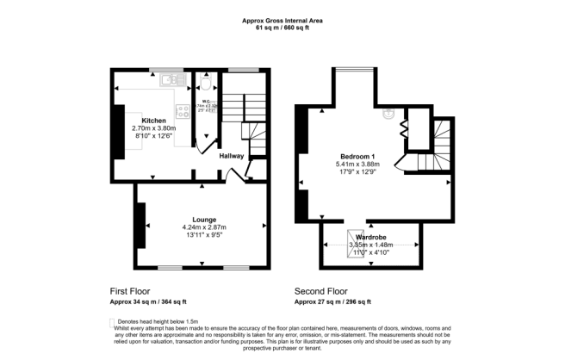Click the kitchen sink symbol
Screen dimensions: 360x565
click(170, 80)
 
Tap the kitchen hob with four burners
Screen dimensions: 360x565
click(182, 110)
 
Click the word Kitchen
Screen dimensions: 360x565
click(154, 121)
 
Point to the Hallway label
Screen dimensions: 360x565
click(231, 156)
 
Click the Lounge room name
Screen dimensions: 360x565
click(204, 220)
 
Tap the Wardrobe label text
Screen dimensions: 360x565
click(371, 236)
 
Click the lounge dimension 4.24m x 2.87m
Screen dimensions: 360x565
click(204, 227)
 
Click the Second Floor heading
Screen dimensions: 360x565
click(320, 291)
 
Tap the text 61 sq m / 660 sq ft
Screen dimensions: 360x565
click(282, 28)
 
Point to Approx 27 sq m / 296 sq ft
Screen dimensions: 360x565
click(332, 302)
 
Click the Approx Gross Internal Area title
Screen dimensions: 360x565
click(282, 20)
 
